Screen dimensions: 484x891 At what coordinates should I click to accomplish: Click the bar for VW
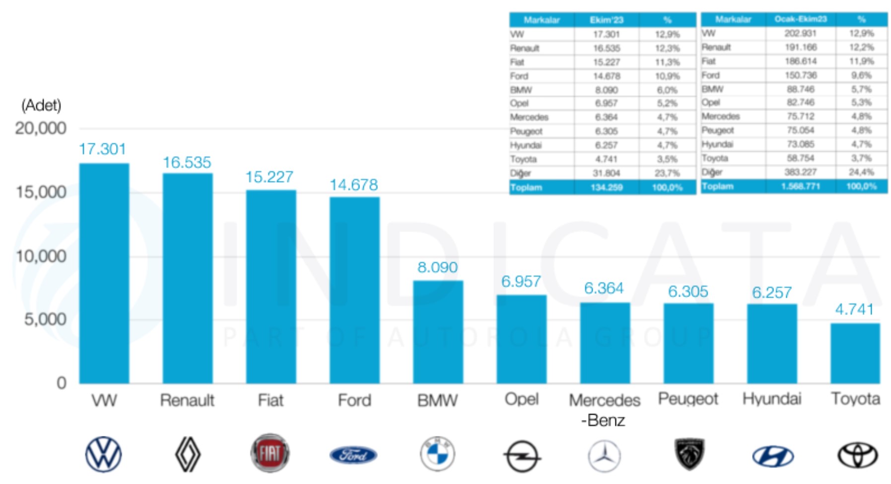click(104, 273)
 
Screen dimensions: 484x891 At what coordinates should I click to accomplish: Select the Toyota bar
click(855, 353)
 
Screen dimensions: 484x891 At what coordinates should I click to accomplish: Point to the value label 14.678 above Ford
click(354, 185)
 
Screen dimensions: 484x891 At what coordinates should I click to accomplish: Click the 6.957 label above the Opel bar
click(521, 282)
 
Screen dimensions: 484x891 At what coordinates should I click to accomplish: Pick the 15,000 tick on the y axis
click(41, 192)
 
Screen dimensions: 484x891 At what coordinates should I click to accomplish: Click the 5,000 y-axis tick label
click(45, 319)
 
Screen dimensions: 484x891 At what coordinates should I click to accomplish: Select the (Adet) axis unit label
click(41, 105)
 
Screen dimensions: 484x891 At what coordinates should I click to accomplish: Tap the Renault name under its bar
click(187, 400)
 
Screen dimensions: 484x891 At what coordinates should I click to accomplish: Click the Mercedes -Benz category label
click(604, 410)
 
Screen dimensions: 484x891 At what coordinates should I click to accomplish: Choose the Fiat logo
click(270, 453)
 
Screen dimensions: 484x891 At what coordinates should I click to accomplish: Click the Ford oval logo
click(353, 455)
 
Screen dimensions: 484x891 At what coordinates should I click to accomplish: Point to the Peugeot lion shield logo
click(689, 454)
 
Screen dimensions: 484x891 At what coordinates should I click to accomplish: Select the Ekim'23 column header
click(606, 20)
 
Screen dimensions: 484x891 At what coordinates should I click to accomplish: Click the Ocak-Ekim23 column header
click(800, 19)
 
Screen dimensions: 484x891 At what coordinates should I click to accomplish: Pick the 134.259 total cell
click(606, 187)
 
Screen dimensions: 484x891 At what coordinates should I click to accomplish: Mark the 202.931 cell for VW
click(800, 33)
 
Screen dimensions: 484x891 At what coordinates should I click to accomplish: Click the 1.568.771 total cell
click(800, 186)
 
